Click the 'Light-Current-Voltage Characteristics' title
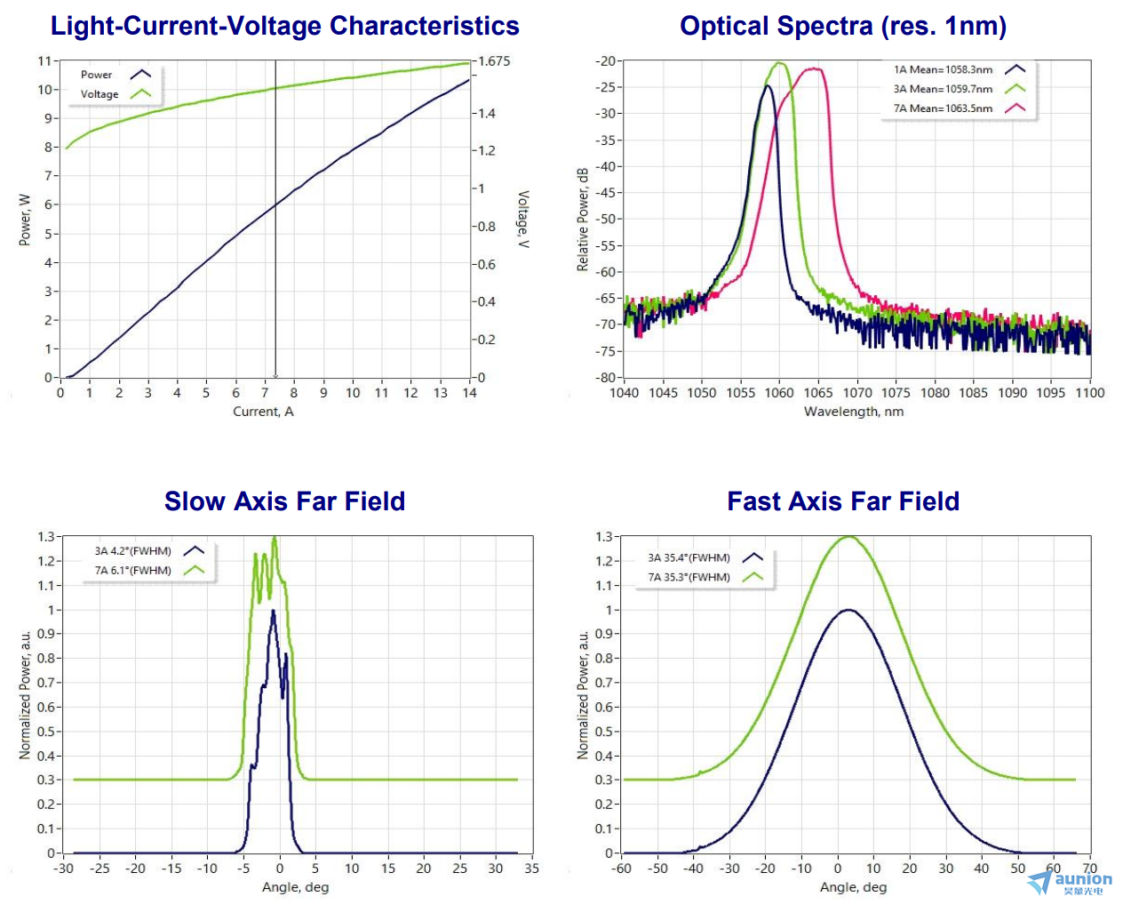(284, 26)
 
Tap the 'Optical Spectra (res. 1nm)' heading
(842, 26)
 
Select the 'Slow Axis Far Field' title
(284, 501)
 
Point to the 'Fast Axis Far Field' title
(842, 501)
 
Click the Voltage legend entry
(100, 94)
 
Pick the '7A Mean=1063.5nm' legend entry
(943, 108)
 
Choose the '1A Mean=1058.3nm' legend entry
(943, 69)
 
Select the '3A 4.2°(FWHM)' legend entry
(133, 551)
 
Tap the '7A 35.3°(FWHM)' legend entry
(689, 577)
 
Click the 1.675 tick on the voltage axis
(495, 61)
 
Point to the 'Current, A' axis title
(263, 412)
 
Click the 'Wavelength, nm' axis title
(853, 412)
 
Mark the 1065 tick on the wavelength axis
(818, 393)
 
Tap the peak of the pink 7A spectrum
(814, 68)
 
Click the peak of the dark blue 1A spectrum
(768, 85)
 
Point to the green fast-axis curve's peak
(849, 536)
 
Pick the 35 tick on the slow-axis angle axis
(531, 869)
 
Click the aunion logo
(1070, 882)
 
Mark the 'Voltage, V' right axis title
(523, 219)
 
